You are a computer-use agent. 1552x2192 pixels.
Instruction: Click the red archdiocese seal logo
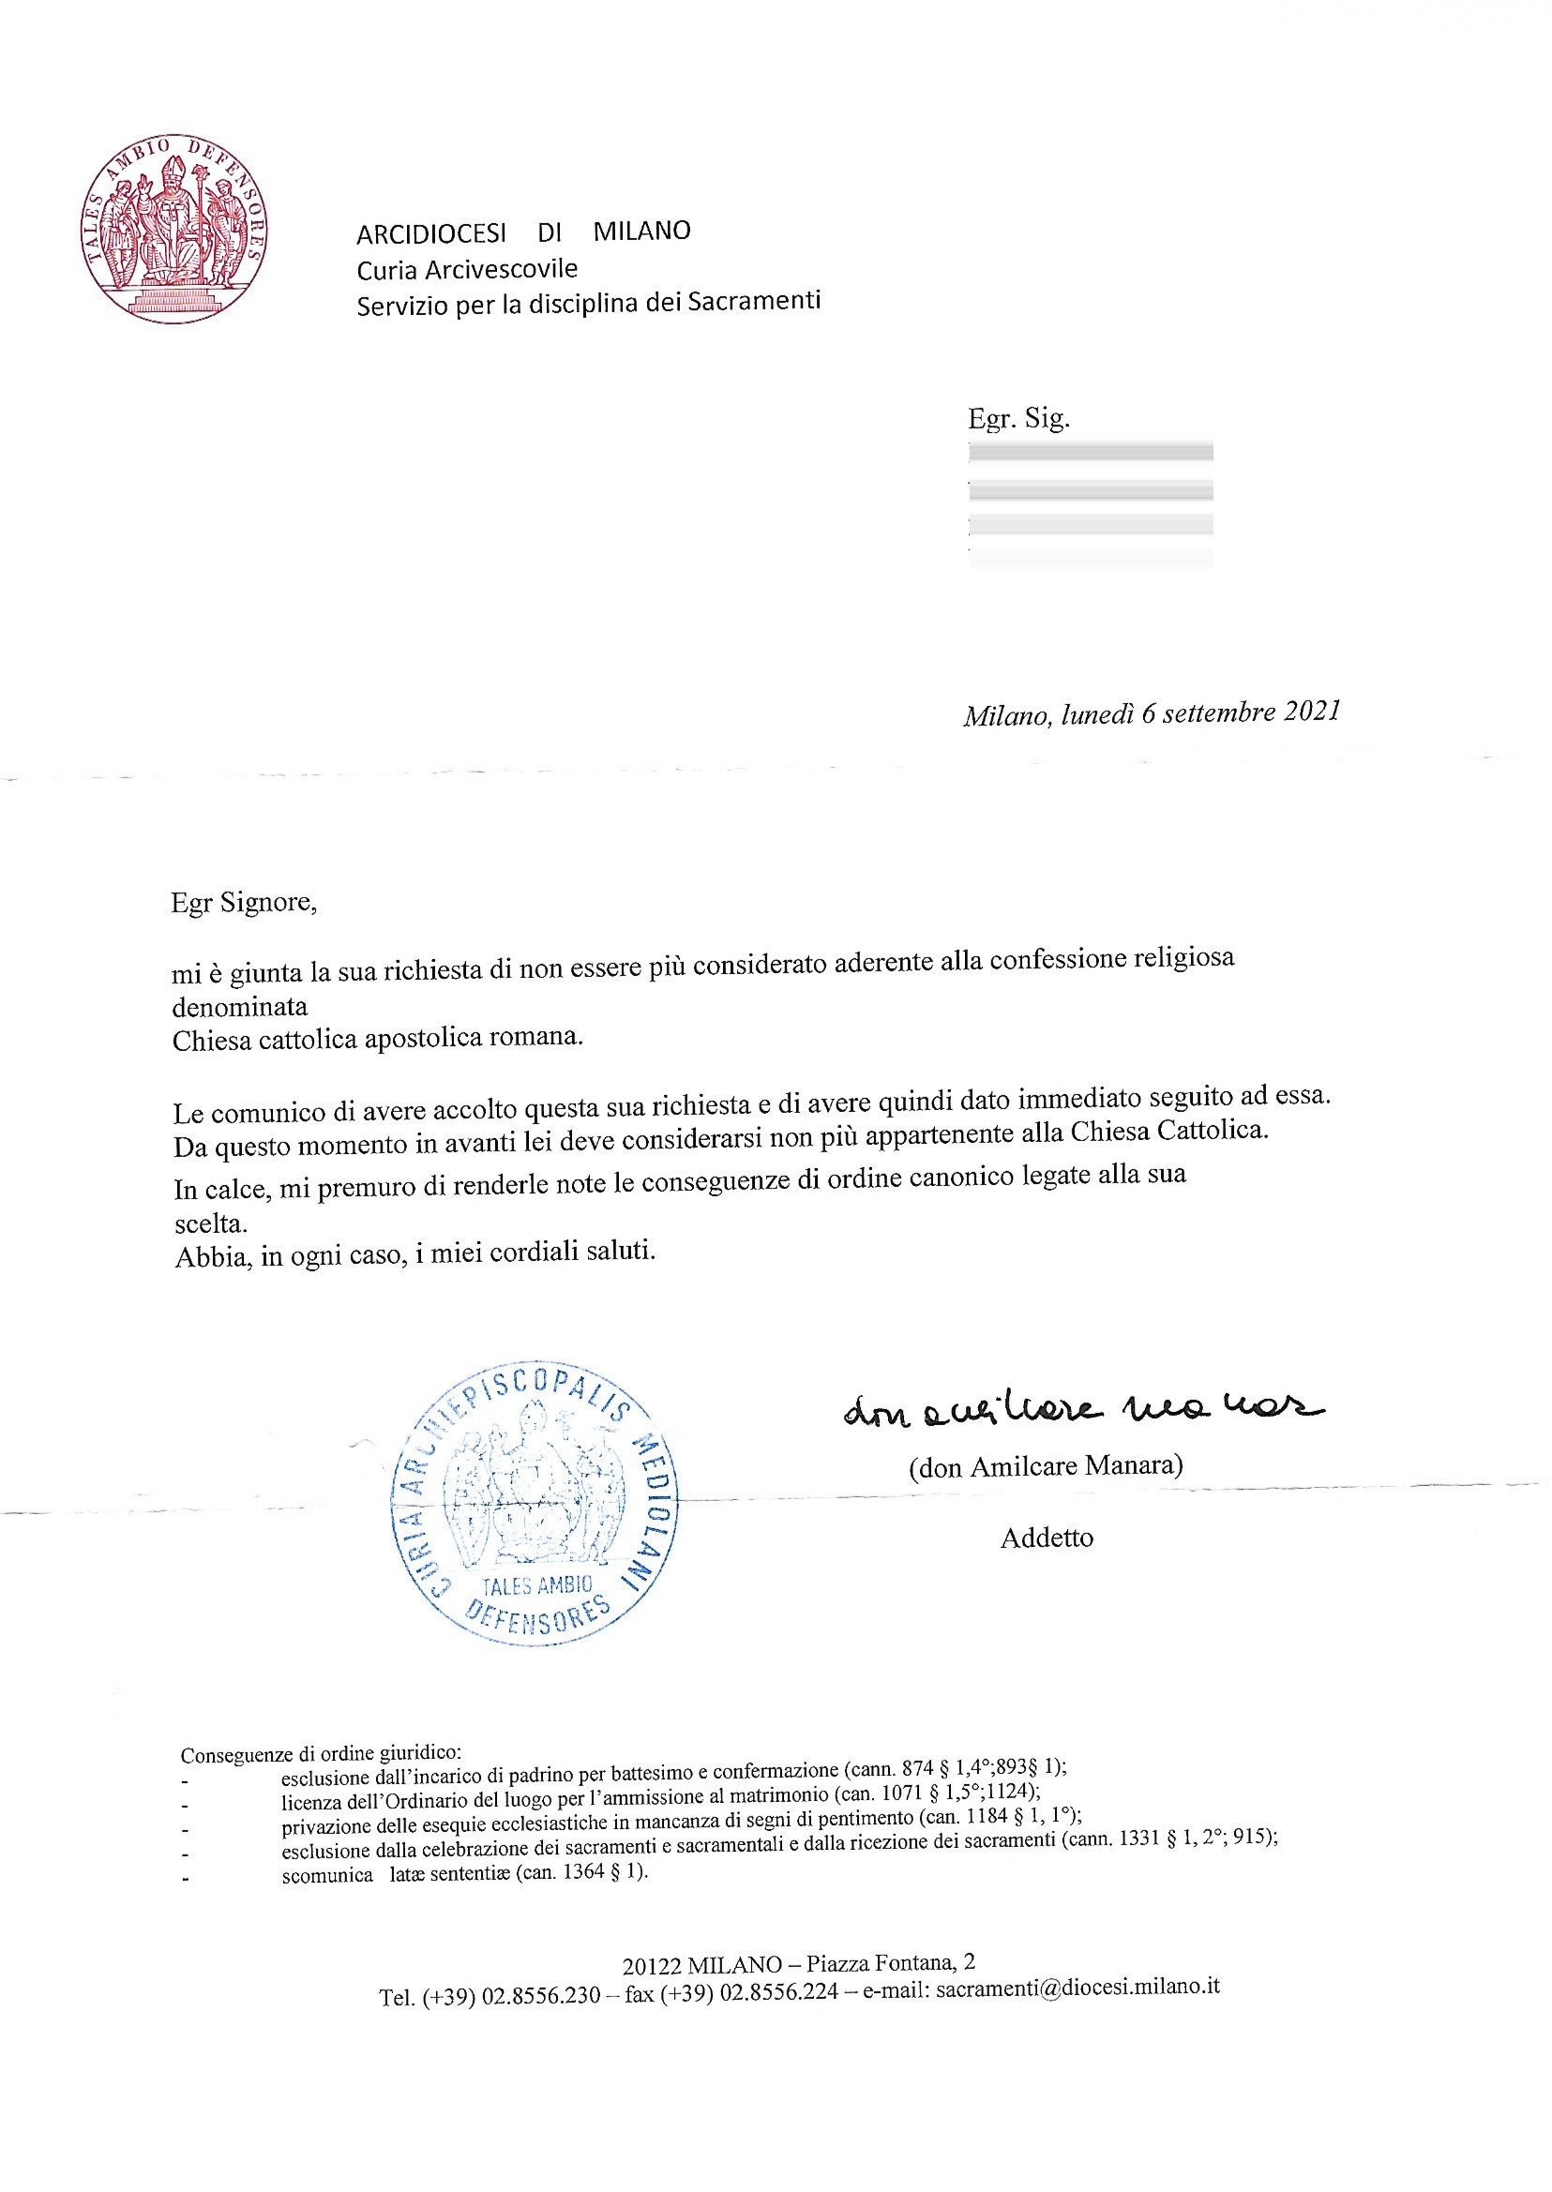(x=173, y=229)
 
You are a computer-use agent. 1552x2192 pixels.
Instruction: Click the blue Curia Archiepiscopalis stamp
(x=534, y=1503)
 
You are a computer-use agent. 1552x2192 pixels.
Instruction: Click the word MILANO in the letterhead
(x=641, y=232)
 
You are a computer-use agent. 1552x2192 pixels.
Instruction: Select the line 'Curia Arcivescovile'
(x=466, y=270)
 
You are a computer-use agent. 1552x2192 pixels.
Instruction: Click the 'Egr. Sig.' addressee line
(x=1017, y=417)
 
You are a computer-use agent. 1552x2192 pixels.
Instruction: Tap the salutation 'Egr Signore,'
(x=244, y=902)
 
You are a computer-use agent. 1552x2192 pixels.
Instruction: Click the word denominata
(x=240, y=1006)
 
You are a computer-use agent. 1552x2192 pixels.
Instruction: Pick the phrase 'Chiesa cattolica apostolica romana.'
(x=378, y=1039)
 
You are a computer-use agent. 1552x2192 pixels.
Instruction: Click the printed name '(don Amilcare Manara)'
(x=1046, y=1465)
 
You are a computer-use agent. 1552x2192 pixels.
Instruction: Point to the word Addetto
(x=1047, y=1538)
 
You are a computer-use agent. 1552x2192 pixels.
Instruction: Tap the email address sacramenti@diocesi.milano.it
(x=1077, y=1988)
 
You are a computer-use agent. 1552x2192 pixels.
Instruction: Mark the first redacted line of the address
(x=1091, y=452)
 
